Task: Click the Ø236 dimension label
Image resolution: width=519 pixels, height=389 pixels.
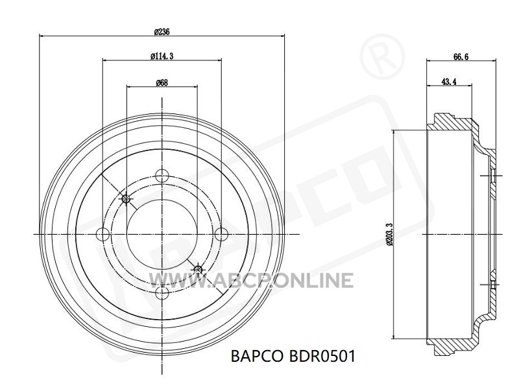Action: point(162,32)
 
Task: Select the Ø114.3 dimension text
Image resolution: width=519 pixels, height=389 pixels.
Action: point(162,56)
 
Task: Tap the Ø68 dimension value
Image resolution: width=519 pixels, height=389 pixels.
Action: point(162,82)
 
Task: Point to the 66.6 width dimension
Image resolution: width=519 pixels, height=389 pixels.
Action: point(461,56)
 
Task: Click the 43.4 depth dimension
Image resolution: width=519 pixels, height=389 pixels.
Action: point(449,82)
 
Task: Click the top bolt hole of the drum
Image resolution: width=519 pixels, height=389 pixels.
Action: point(162,175)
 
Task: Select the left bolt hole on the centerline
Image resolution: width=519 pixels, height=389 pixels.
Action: point(103,235)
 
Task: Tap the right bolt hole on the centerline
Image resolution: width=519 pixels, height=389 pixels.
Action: point(221,235)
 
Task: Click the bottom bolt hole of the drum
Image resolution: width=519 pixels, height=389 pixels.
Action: point(162,292)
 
